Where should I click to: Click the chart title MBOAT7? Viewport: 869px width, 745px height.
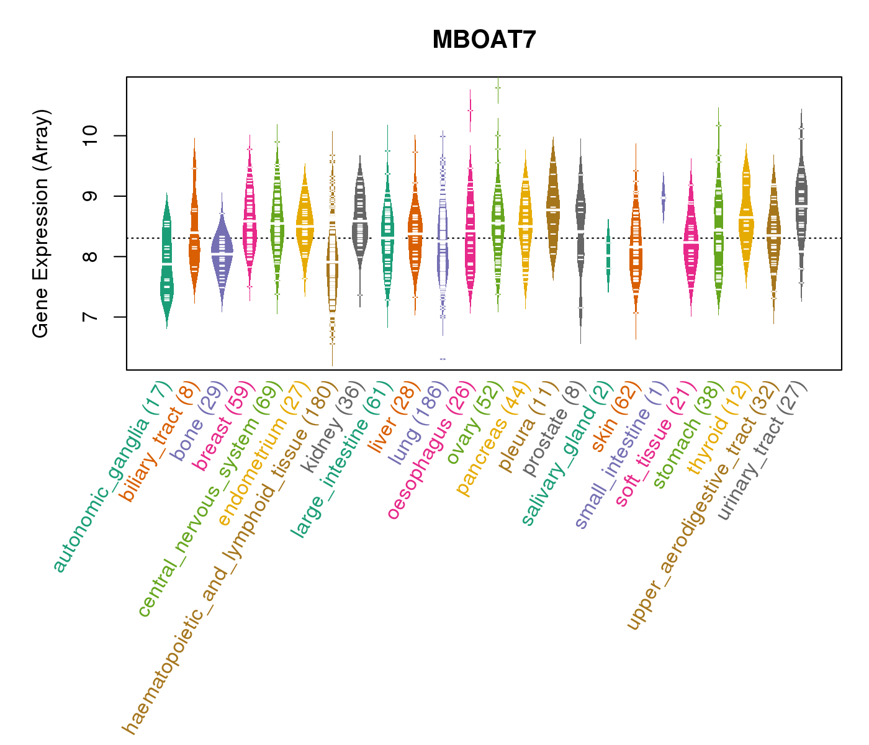(484, 40)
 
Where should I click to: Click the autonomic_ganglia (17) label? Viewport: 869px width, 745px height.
(110, 477)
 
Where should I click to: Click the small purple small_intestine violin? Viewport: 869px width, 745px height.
(663, 197)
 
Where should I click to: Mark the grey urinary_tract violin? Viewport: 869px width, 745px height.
(801, 205)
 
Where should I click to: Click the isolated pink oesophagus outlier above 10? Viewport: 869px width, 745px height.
(470, 111)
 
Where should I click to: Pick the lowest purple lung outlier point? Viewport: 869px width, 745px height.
(443, 359)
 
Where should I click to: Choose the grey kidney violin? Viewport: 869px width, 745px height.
(359, 223)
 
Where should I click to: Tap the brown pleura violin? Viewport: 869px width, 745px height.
(552, 211)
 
